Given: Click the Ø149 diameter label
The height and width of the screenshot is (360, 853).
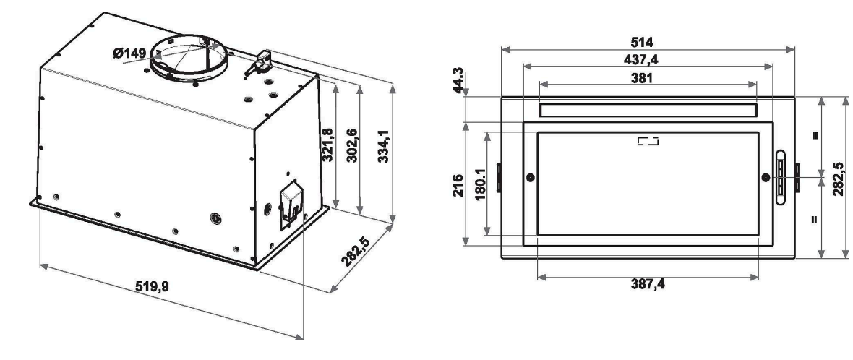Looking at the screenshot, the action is (x=129, y=53).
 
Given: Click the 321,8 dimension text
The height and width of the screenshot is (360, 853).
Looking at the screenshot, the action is (x=327, y=145).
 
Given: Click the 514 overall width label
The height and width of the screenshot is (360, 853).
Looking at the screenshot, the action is (x=641, y=42).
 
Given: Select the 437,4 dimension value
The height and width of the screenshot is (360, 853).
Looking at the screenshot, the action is (x=641, y=59).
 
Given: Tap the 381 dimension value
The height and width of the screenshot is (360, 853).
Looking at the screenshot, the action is (x=641, y=78).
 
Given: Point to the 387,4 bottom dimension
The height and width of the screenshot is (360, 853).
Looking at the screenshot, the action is (x=648, y=283).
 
